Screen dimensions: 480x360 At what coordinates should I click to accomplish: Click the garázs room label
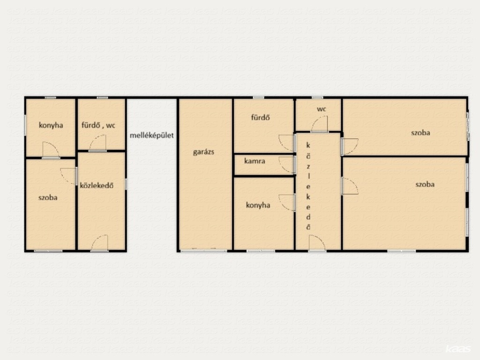[203, 152]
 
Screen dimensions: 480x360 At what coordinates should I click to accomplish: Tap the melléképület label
[151, 135]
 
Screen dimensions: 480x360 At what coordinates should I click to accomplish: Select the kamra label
[255, 161]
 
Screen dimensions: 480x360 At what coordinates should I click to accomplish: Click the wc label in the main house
[322, 109]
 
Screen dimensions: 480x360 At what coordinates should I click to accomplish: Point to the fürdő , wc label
[98, 125]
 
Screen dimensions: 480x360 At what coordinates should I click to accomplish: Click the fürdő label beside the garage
[261, 117]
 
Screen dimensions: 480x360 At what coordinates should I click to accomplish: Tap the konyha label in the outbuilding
[51, 125]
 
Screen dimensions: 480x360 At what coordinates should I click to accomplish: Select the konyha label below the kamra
[258, 205]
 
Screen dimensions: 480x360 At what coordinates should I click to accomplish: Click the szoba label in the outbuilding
[48, 197]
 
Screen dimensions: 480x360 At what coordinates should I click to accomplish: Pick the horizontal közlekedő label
[97, 185]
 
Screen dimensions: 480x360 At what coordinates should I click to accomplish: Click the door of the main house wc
[320, 124]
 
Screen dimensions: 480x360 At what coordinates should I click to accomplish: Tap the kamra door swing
[287, 165]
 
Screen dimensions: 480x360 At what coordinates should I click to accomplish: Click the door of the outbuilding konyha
[51, 150]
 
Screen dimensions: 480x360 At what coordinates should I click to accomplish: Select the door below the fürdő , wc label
[97, 142]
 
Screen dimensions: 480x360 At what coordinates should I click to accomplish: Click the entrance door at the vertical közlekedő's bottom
[317, 243]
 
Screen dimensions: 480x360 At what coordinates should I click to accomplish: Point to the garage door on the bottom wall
[203, 250]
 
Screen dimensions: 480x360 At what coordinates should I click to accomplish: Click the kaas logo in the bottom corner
[458, 349]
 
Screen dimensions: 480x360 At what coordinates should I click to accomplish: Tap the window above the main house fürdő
[259, 97]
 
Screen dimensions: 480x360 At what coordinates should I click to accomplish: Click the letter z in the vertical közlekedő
[308, 167]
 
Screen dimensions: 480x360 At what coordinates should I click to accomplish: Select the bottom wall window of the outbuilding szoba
[48, 251]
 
